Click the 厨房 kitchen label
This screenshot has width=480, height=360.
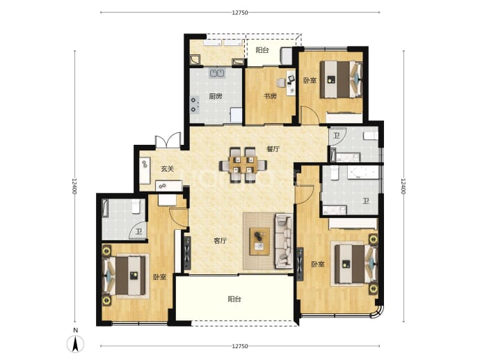pyautogui.click(x=216, y=96)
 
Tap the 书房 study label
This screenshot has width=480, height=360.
pyautogui.click(x=270, y=96)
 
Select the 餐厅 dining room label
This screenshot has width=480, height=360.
pyautogui.click(x=273, y=149)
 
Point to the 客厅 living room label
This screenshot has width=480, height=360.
pyautogui.click(x=220, y=241)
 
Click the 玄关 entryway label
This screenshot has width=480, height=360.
pyautogui.click(x=168, y=169)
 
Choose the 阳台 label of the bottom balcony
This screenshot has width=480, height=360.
pyautogui.click(x=234, y=299)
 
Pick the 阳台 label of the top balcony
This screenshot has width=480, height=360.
pyautogui.click(x=262, y=50)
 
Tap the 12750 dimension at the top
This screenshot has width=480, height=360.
pyautogui.click(x=240, y=13)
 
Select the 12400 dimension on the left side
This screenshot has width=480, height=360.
pyautogui.click(x=74, y=187)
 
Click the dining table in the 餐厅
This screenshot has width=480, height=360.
pyautogui.click(x=243, y=165)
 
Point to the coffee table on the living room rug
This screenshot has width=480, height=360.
pyautogui.click(x=259, y=241)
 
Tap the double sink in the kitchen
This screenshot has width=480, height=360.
pyautogui.click(x=217, y=73)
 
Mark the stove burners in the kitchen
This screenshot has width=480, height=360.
pyautogui.click(x=195, y=104)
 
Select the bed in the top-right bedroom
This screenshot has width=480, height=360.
pyautogui.click(x=341, y=79)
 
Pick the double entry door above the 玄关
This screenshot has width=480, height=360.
pyautogui.click(x=168, y=141)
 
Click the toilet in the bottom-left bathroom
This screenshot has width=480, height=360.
pyautogui.click(x=136, y=206)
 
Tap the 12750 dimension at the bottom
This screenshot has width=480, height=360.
pyautogui.click(x=240, y=346)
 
